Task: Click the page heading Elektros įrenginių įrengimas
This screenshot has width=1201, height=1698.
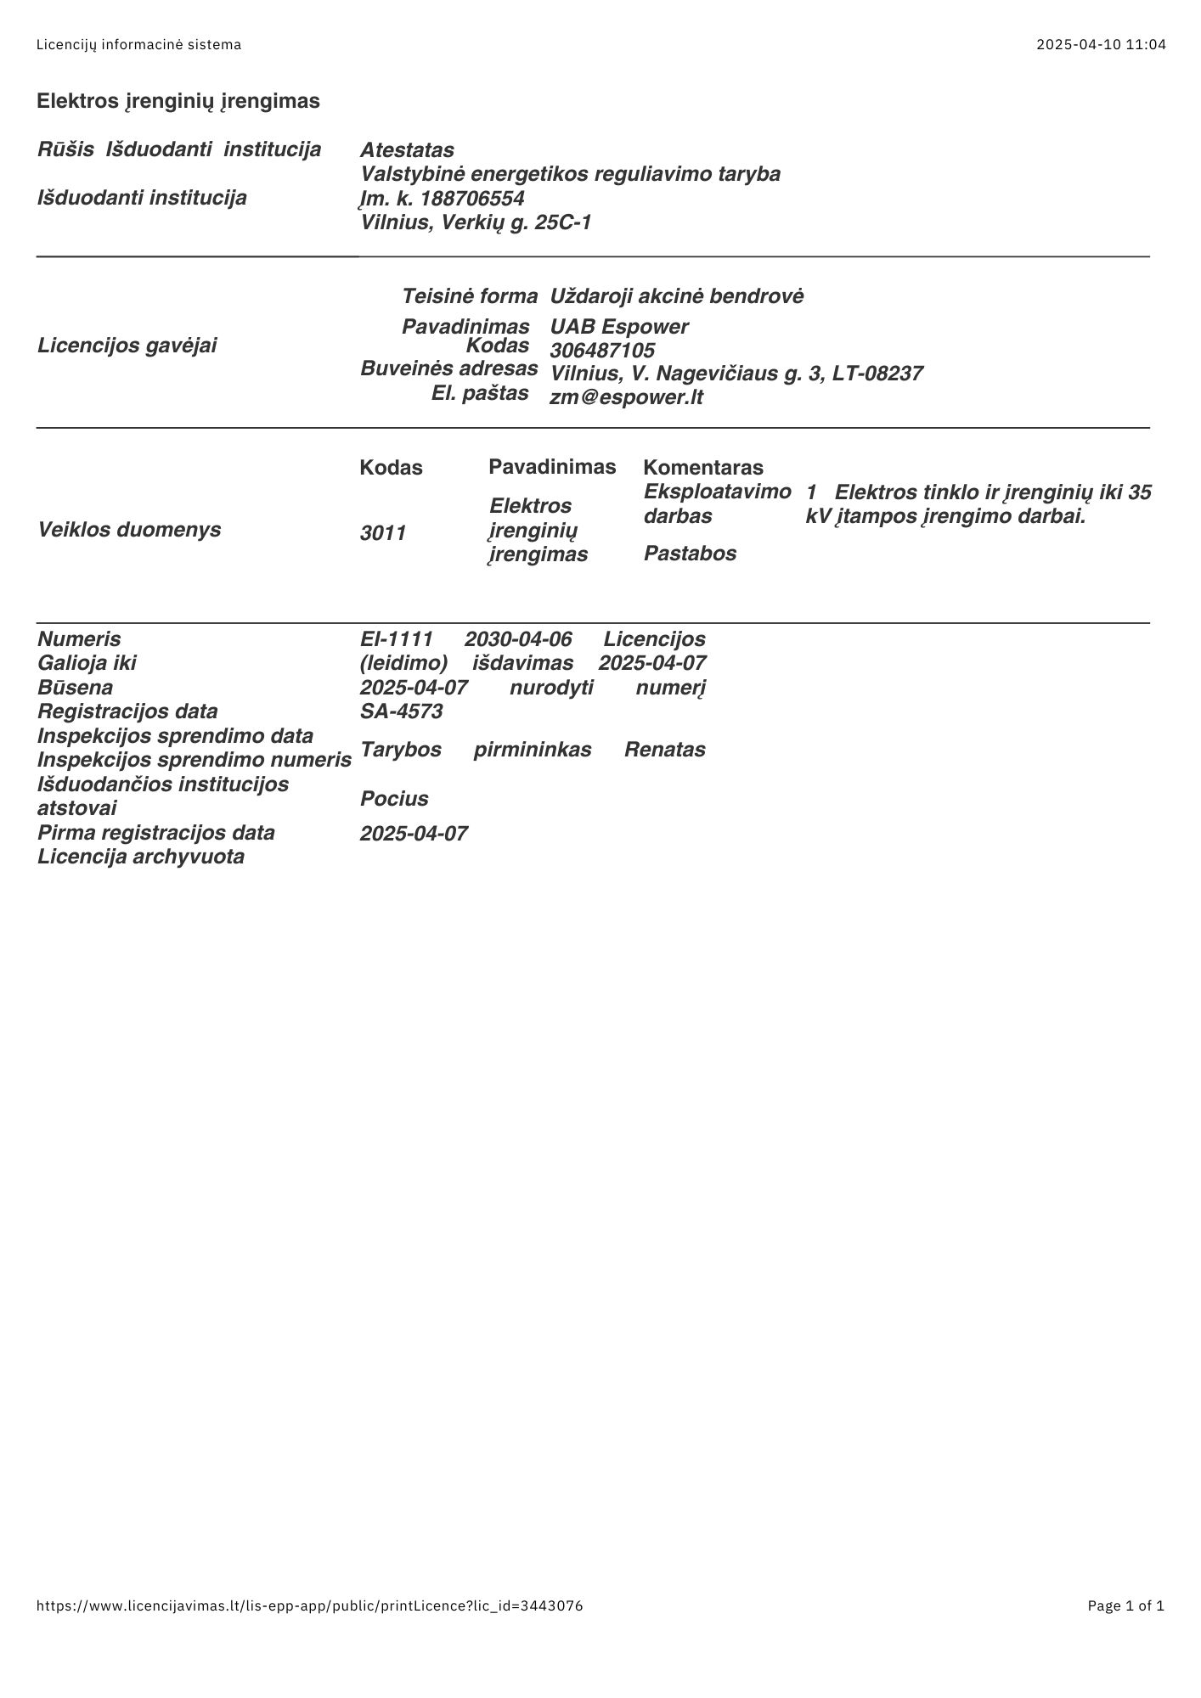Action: pyautogui.click(x=178, y=101)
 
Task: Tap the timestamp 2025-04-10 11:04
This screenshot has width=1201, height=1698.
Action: pyautogui.click(x=1101, y=44)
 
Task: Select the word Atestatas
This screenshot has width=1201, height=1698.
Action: pyautogui.click(x=407, y=150)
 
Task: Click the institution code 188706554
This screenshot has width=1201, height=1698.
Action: pyautogui.click(x=472, y=199)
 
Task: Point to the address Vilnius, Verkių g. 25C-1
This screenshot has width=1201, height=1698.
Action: pyautogui.click(x=476, y=222)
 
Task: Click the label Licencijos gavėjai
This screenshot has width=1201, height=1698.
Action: pyautogui.click(x=127, y=346)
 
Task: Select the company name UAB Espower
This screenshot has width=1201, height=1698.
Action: pyautogui.click(x=619, y=327)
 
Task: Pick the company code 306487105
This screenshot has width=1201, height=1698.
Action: pyautogui.click(x=602, y=351)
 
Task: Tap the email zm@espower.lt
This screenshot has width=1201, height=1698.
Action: pyautogui.click(x=626, y=397)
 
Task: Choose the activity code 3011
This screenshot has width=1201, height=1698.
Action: pyautogui.click(x=383, y=533)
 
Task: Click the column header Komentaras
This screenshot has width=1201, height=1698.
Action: pyautogui.click(x=703, y=467)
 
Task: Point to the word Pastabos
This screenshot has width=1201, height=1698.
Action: pyautogui.click(x=690, y=554)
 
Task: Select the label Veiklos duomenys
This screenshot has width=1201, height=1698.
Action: pyautogui.click(x=129, y=530)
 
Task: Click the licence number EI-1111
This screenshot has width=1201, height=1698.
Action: pyautogui.click(x=397, y=639)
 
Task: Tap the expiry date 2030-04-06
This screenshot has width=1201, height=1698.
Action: pyautogui.click(x=518, y=639)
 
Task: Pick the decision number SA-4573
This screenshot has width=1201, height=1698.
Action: pyautogui.click(x=401, y=711)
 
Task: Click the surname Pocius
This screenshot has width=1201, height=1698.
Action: pyautogui.click(x=394, y=799)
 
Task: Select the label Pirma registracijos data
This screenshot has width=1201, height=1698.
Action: pyautogui.click(x=156, y=833)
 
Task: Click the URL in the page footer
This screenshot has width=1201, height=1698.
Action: pyautogui.click(x=310, y=1605)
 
